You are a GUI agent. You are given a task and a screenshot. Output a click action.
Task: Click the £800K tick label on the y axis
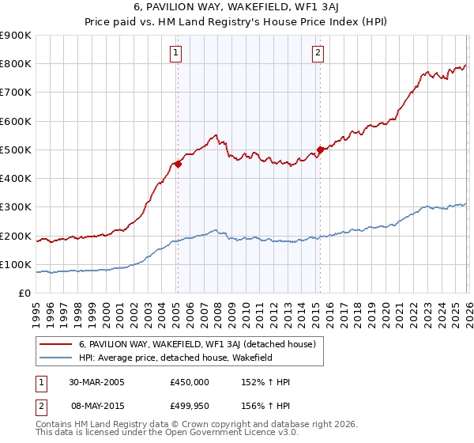(16, 64)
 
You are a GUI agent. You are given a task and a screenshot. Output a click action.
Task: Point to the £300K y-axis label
(16, 207)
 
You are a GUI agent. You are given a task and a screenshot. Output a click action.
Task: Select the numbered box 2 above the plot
(318, 54)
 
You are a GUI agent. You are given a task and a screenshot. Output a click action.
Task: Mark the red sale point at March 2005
(178, 165)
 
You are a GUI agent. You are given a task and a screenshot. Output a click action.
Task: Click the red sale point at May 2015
(320, 150)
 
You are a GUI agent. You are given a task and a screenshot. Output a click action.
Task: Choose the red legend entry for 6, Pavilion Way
(197, 344)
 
